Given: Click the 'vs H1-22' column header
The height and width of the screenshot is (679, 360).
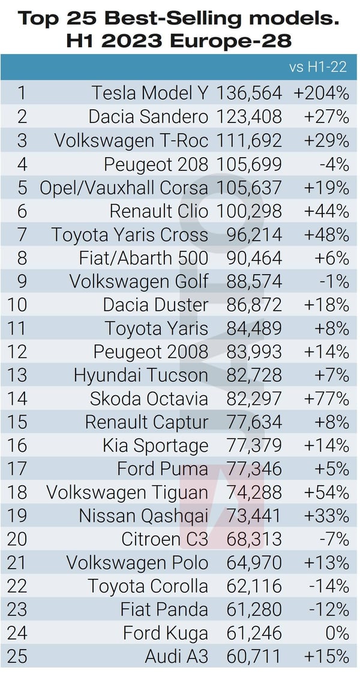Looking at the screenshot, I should click(318, 67).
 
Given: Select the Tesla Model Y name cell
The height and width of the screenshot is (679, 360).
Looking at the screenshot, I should click(150, 93).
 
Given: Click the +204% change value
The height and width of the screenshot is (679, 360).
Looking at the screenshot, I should click(321, 93).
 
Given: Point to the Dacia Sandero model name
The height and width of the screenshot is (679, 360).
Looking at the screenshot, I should click(148, 116).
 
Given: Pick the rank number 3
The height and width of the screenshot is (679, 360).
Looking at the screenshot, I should click(22, 140).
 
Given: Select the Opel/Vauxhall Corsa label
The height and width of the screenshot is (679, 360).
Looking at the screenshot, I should click(124, 187).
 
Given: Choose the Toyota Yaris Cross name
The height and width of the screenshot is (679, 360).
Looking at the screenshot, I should click(130, 235).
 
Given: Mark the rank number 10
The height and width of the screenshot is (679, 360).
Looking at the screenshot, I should click(18, 305).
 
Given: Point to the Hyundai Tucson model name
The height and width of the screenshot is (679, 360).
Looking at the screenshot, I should click(141, 375).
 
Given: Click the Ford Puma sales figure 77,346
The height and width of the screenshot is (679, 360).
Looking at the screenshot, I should click(254, 469).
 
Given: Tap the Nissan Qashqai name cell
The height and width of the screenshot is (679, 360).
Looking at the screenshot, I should click(143, 516).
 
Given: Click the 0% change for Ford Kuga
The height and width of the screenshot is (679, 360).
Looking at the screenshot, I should click(338, 633).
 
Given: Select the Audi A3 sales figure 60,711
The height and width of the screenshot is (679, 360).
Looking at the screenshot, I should click(254, 657).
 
